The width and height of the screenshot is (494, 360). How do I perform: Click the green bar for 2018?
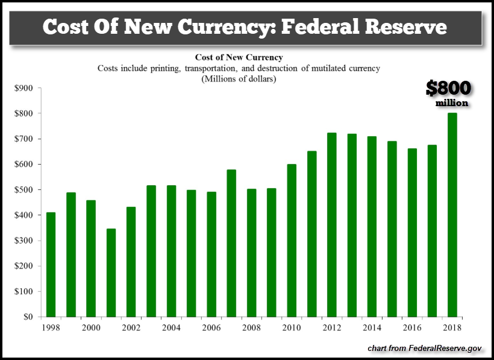[x=452, y=215]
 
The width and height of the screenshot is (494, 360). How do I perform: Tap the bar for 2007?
[x=231, y=243]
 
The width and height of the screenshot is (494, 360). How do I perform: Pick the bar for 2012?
[x=331, y=224]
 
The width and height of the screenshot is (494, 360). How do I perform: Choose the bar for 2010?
[x=292, y=240]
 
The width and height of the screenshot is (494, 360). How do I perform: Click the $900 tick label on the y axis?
[x=23, y=88]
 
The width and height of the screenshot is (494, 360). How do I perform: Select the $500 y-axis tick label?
[x=23, y=189]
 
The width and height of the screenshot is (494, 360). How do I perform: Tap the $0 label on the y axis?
[x=27, y=317]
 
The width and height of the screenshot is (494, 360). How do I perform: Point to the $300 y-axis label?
[x=23, y=241]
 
